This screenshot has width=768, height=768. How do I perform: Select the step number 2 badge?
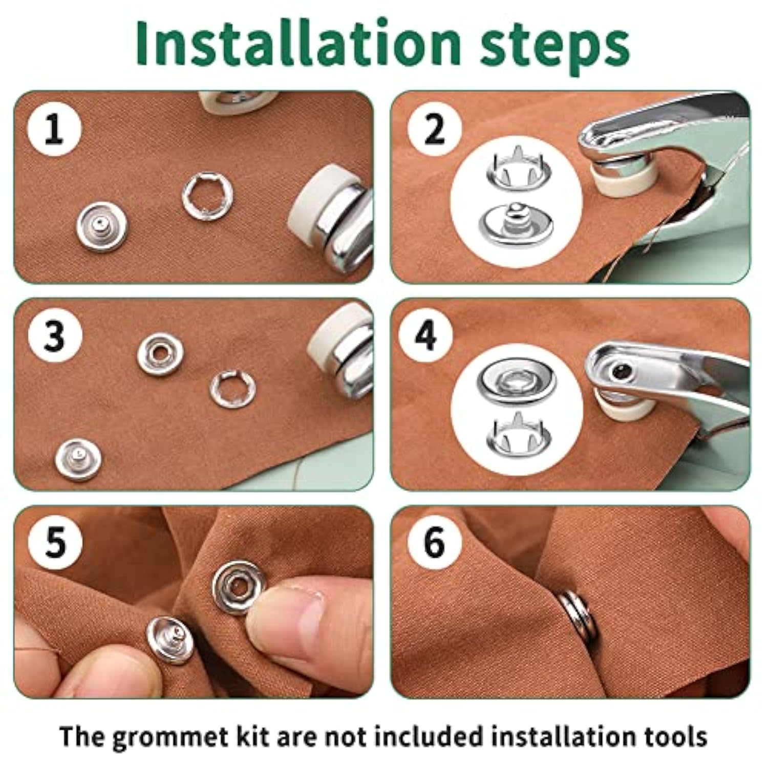(435, 130)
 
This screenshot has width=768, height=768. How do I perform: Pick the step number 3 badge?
(55, 336)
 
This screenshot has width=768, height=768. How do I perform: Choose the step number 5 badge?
(55, 542)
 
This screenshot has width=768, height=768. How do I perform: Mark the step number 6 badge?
(435, 542)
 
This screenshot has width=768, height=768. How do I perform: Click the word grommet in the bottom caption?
(166, 736)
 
